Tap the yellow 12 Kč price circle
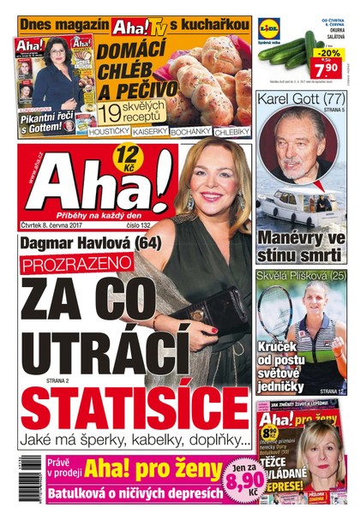click(x=128, y=156)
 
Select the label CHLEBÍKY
click(x=231, y=134)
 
